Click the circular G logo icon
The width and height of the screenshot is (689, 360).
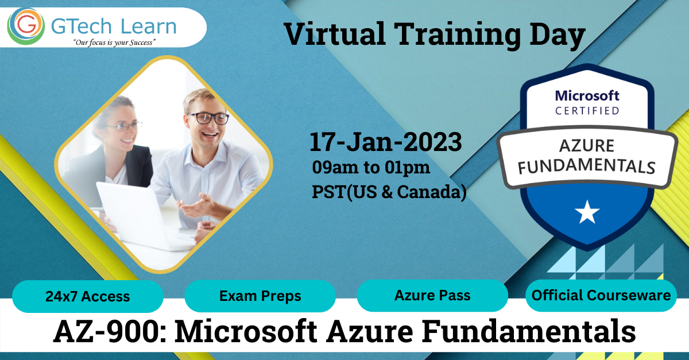pyautogui.click(x=26, y=26)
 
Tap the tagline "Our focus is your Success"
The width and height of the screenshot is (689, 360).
pyautogui.click(x=114, y=42)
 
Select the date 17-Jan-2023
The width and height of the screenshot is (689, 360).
pyautogui.click(x=385, y=142)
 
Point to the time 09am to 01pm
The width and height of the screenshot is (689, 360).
pyautogui.click(x=371, y=168)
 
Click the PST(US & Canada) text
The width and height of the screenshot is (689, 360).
pyautogui.click(x=389, y=192)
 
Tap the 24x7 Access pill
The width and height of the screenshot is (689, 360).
pyautogui.click(x=88, y=296)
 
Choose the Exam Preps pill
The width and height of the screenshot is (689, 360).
pyautogui.click(x=260, y=296)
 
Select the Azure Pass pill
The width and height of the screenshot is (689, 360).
pyautogui.click(x=432, y=296)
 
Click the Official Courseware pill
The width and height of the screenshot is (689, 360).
pyautogui.click(x=601, y=296)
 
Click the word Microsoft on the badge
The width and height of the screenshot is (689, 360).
pyautogui.click(x=587, y=95)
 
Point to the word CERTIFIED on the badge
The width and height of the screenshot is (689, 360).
pyautogui.click(x=587, y=110)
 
